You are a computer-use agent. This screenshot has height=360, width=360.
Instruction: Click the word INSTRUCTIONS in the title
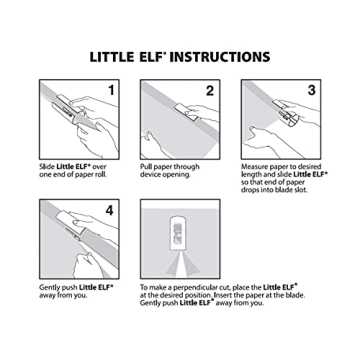[x=219, y=57]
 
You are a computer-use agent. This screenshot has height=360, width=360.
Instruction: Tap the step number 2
[x=209, y=91]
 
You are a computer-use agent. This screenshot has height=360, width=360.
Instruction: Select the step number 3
[x=311, y=91]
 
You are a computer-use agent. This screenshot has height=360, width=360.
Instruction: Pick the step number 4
[x=109, y=211]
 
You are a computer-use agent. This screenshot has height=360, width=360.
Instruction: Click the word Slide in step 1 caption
[x=49, y=166]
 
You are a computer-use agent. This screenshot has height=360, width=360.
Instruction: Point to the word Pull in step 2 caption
[x=149, y=166]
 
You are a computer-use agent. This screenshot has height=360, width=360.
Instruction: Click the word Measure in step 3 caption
[x=256, y=166]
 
